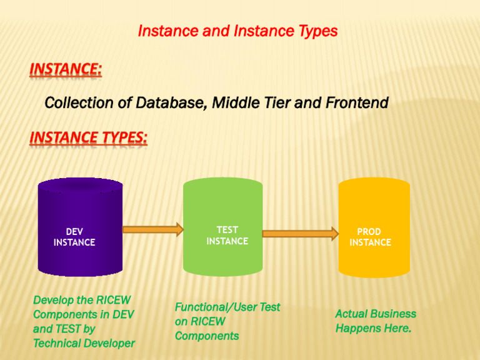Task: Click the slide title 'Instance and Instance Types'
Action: pyautogui.click(x=237, y=31)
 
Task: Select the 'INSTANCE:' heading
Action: pyautogui.click(x=66, y=69)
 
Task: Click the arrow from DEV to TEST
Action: pyautogui.click(x=152, y=229)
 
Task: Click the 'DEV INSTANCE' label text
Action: pyautogui.click(x=74, y=237)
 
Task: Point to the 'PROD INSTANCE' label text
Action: pyautogui.click(x=370, y=237)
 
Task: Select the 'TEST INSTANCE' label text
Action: pyautogui.click(x=227, y=236)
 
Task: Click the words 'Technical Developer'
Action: pyautogui.click(x=84, y=343)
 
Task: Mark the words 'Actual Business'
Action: pyautogui.click(x=376, y=314)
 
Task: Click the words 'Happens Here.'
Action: pyautogui.click(x=373, y=328)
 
